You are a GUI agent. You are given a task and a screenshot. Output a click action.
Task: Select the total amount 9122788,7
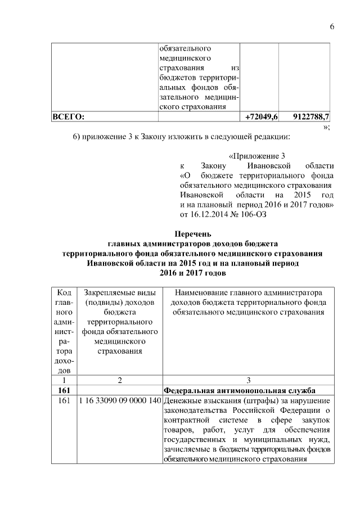pos(312,117)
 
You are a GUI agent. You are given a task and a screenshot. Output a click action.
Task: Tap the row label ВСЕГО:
pos(68,117)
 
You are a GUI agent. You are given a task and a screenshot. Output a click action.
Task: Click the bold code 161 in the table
pos(64,390)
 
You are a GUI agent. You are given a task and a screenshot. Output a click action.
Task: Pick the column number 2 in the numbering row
pos(119,380)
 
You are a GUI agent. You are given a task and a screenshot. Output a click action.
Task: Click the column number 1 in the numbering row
pos(64,380)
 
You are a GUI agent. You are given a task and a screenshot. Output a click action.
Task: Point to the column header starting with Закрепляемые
pos(119,293)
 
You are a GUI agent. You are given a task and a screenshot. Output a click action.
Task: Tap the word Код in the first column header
pos(64,293)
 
